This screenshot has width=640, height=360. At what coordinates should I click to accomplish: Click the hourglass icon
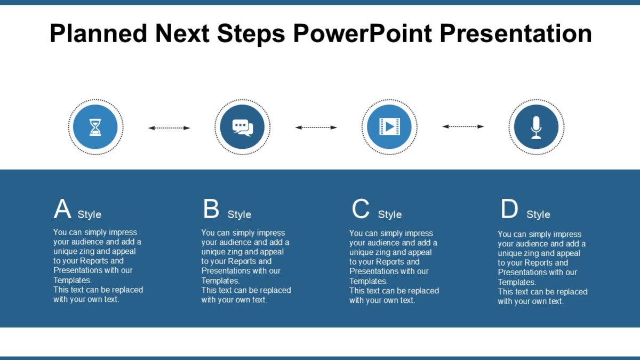(95, 127)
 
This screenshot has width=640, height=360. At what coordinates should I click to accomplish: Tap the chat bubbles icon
(242, 127)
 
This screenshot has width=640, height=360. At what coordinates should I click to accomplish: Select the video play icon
(389, 127)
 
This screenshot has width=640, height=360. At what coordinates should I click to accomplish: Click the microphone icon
(536, 127)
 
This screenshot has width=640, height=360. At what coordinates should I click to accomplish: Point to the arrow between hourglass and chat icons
(169, 128)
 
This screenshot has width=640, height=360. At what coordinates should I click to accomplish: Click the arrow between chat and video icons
(316, 127)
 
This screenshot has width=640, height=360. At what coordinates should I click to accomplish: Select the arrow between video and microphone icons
(463, 126)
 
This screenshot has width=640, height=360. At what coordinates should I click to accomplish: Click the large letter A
(62, 209)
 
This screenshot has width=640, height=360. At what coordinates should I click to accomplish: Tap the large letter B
(211, 209)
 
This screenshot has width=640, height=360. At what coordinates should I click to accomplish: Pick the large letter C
(361, 209)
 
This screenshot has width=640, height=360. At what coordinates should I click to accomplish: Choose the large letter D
(509, 209)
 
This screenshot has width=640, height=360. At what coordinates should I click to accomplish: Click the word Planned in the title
(98, 34)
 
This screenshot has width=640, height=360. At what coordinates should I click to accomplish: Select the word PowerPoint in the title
(362, 34)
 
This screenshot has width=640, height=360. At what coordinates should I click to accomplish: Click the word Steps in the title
(251, 34)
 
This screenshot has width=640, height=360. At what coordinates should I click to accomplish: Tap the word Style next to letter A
(89, 214)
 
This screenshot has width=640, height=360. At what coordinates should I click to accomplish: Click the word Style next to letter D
(538, 214)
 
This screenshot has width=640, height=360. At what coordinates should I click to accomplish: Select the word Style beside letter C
(389, 214)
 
